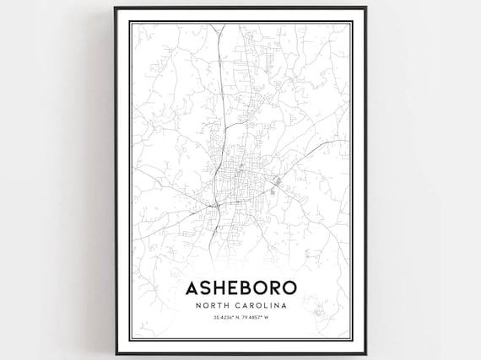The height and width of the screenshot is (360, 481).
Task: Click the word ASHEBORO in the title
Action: click(240, 287)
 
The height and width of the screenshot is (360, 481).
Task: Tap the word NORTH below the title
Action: click(215, 305)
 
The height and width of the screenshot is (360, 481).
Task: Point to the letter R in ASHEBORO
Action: click(274, 287)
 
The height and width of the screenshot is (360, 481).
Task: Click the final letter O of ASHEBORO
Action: click(289, 287)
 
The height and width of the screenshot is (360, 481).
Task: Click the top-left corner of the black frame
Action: click(116, 8)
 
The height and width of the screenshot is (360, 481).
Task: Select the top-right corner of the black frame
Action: click(365, 8)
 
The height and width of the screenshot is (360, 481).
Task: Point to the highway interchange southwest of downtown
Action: click(217, 204)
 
